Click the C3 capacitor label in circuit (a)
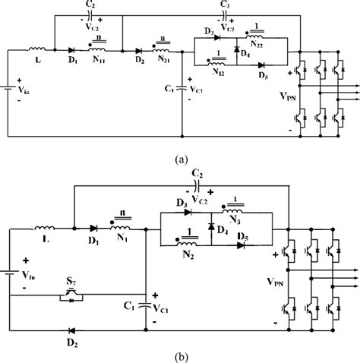pyautogui.click(x=224, y=5)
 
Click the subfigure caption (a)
pyautogui.click(x=180, y=160)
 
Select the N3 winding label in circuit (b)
pyautogui.click(x=237, y=220)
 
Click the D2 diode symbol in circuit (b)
pyautogui.click(x=72, y=331)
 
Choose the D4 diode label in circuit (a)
pyautogui.click(x=245, y=52)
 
